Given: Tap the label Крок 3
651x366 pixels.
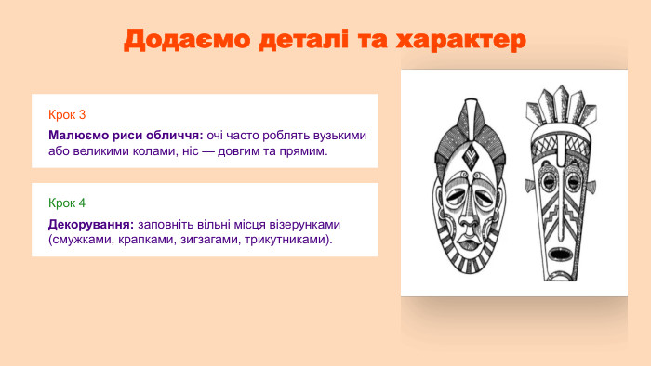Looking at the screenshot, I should (x=67, y=114).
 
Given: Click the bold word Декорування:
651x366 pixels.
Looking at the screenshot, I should (x=91, y=225).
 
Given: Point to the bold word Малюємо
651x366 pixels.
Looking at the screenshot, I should (x=77, y=135).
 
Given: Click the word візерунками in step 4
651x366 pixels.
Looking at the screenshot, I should (x=309, y=225).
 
